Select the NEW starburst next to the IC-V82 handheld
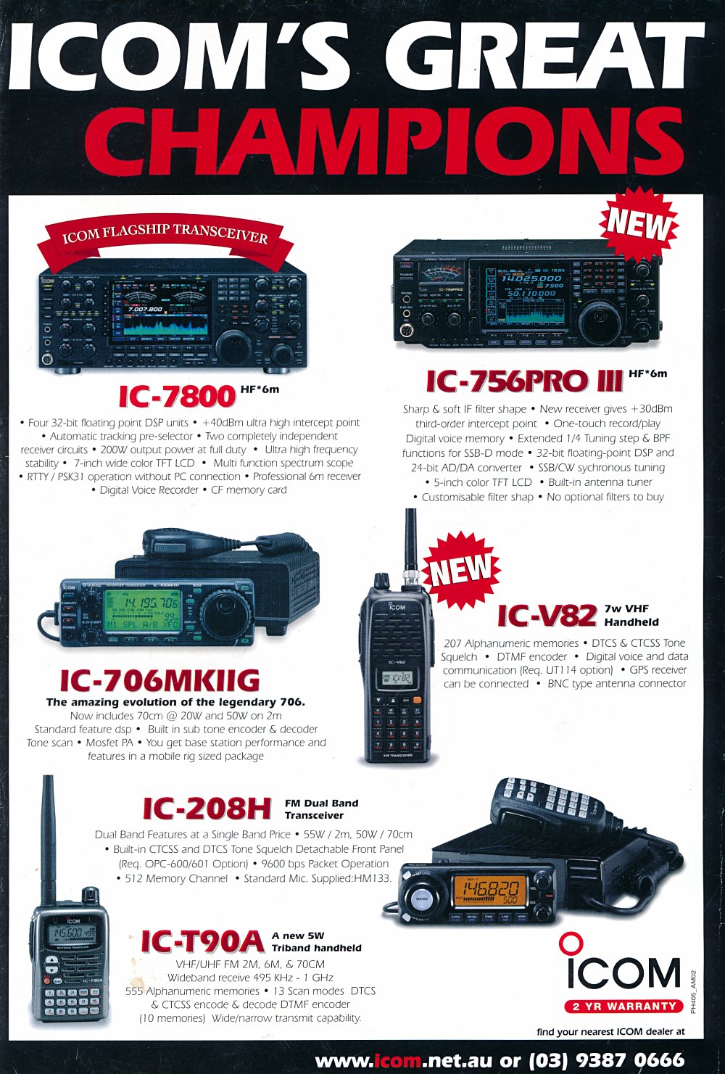[x=461, y=568]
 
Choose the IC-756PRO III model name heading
[x=525, y=381]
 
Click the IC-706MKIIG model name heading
[x=159, y=680]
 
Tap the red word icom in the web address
[x=397, y=1059]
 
